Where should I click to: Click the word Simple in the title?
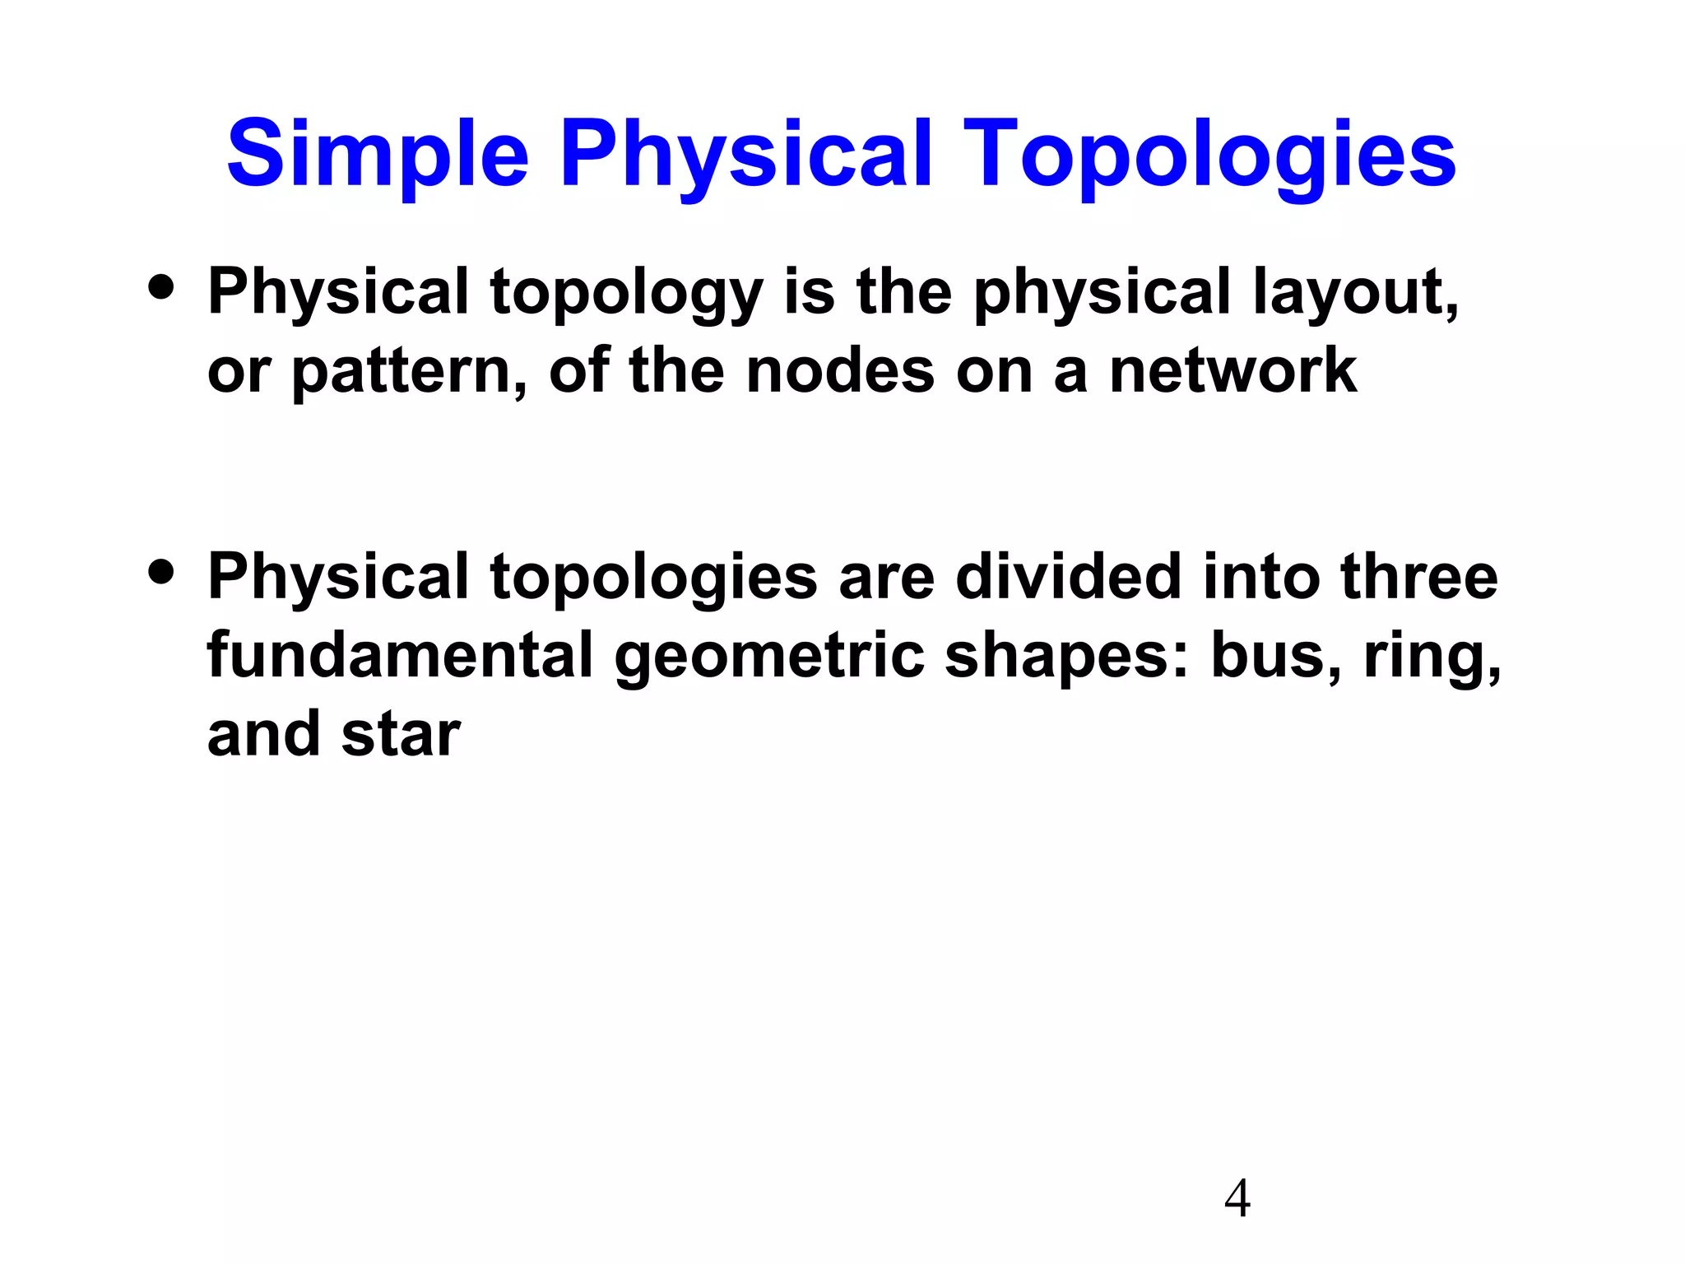pos(377,155)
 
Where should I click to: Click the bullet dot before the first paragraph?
pos(161,286)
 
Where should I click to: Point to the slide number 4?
pos(1237,1198)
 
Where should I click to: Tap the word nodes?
pos(840,370)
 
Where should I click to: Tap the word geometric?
pos(769,657)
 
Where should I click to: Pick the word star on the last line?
pos(401,735)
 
